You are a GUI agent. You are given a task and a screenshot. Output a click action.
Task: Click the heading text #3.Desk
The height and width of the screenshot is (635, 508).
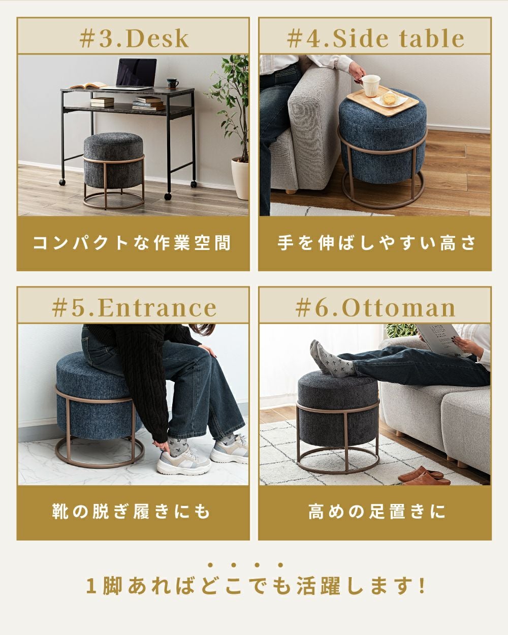134,39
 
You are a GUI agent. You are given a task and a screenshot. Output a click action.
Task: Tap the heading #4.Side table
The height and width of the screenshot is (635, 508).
375,39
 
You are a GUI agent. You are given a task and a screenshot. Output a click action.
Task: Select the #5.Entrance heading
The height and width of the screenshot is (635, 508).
134,308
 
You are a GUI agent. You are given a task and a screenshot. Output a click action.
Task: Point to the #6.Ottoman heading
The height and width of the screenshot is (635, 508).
375,308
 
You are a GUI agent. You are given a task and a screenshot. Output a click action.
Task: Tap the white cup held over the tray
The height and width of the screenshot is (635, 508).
370,85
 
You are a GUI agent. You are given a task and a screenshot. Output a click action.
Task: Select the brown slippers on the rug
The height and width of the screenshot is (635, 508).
424,476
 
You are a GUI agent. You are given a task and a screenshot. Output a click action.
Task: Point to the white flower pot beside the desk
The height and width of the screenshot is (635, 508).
240,178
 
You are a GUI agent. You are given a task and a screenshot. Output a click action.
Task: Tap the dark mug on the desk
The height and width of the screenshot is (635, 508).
172,83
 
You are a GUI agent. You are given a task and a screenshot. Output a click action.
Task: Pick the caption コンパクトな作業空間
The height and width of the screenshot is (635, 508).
132,243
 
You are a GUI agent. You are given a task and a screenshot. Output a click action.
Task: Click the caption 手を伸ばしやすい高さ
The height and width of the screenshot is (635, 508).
376,243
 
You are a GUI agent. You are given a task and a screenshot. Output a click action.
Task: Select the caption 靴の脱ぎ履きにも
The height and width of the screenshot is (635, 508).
132,512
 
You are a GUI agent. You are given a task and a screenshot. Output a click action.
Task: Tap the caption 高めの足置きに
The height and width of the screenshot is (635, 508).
376,512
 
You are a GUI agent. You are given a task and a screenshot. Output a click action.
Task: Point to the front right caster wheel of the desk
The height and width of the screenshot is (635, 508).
168,196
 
